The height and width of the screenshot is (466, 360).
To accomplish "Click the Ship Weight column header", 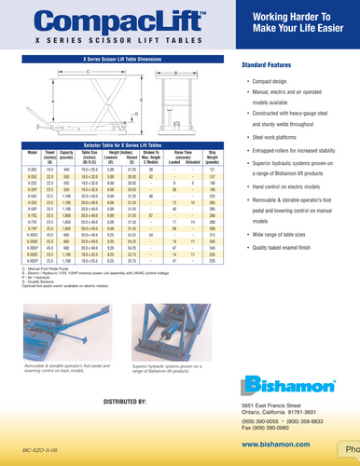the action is click(x=213, y=156).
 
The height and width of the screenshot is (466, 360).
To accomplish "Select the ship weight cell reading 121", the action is click(x=213, y=170).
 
